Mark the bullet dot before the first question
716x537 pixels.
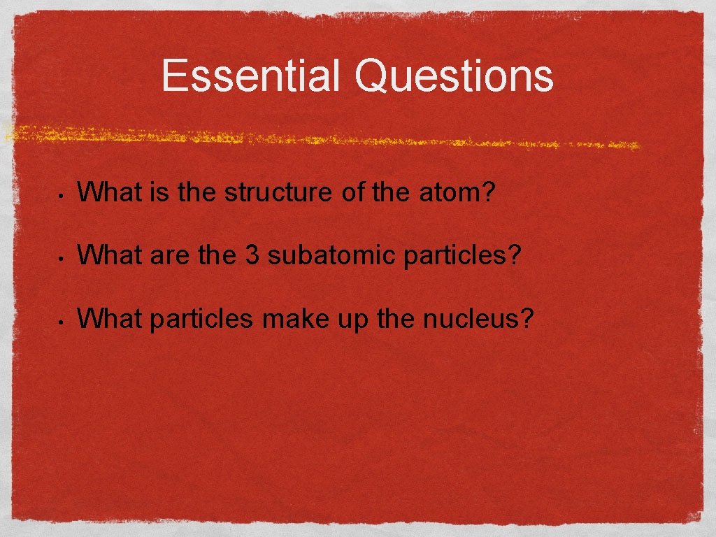coord(62,194)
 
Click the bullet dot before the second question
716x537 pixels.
coord(62,257)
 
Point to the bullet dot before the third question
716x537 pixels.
coord(62,321)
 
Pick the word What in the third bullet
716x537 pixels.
coord(108,318)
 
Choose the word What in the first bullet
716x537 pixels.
coord(108,192)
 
